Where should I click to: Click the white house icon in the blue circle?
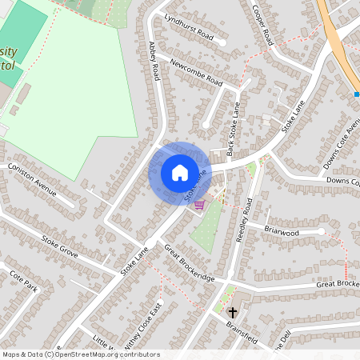tap(179, 172)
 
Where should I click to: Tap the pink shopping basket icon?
tap(199, 205)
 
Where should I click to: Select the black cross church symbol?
tap(233, 312)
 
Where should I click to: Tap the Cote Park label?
tap(23, 279)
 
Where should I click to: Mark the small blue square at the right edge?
tap(357, 94)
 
